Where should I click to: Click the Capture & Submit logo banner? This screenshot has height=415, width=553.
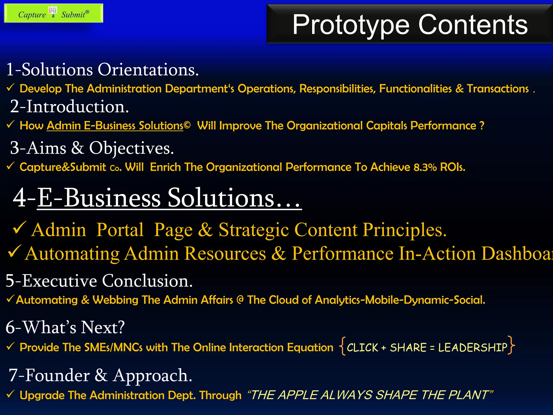click(53, 14)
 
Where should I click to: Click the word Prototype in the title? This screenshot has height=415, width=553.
click(351, 25)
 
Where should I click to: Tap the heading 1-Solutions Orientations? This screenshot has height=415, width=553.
click(102, 70)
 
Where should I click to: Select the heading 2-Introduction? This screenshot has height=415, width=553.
click(69, 106)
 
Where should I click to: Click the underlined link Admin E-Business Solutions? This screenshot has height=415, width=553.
click(115, 126)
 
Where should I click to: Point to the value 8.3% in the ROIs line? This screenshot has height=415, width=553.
click(425, 167)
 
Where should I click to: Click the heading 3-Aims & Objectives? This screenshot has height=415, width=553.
click(92, 148)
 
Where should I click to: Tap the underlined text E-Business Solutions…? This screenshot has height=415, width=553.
click(169, 198)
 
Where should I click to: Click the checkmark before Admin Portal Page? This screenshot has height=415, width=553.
click(19, 228)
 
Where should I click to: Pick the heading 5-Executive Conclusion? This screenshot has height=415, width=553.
click(99, 281)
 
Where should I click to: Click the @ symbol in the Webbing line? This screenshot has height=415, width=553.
click(240, 300)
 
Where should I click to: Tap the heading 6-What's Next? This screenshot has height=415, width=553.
click(65, 327)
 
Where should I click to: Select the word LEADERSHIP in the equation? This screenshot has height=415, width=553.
click(473, 347)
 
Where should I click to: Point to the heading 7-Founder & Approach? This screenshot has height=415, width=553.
click(100, 375)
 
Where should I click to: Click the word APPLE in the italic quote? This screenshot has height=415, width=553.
click(298, 395)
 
